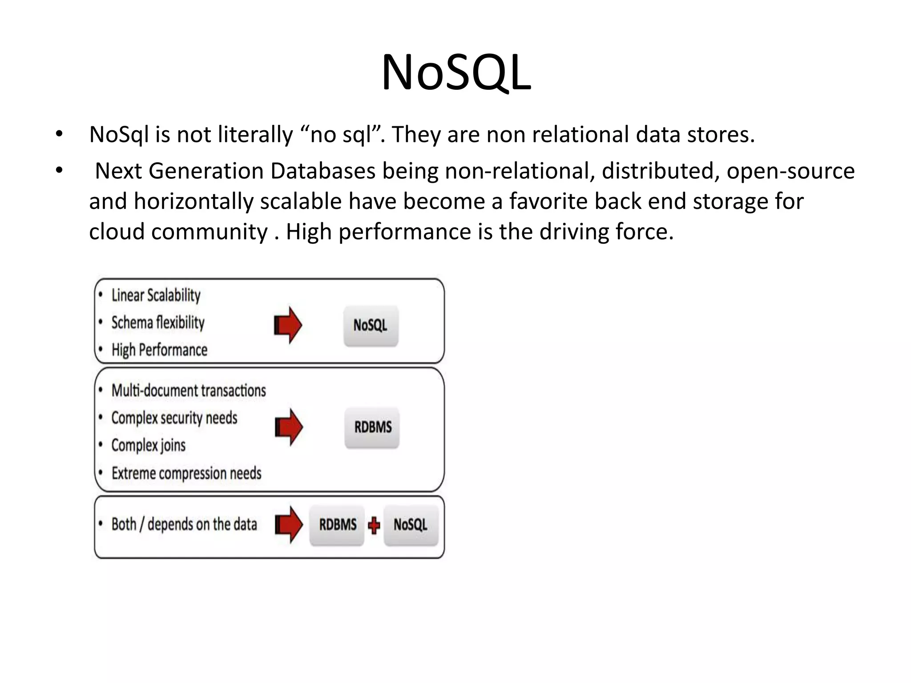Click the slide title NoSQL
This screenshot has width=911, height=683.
pyautogui.click(x=456, y=72)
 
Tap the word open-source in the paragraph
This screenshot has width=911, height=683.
pyautogui.click(x=790, y=171)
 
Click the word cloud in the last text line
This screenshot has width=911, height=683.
pyautogui.click(x=117, y=232)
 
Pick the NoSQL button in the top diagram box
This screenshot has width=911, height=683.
pyautogui.click(x=371, y=325)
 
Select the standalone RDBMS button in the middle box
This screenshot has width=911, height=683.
pyautogui.click(x=372, y=427)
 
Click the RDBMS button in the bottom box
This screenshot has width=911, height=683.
pyautogui.click(x=337, y=525)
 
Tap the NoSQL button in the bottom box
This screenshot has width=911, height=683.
pyautogui.click(x=411, y=525)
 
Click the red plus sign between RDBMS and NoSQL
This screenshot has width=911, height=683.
pyautogui.click(x=374, y=526)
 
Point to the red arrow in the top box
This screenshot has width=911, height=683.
pyautogui.click(x=288, y=325)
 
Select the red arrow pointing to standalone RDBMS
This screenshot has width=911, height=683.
pyautogui.click(x=289, y=427)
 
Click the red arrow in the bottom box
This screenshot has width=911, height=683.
pyautogui.click(x=289, y=525)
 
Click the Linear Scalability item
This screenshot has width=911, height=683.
pyautogui.click(x=156, y=295)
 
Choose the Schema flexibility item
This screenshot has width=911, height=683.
pyautogui.click(x=158, y=323)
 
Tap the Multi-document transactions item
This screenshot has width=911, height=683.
pyautogui.click(x=189, y=390)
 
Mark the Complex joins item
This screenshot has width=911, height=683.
pyautogui.click(x=148, y=445)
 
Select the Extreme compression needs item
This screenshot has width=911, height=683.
pyautogui.click(x=186, y=473)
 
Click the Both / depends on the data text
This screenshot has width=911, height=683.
pyautogui.click(x=184, y=525)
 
